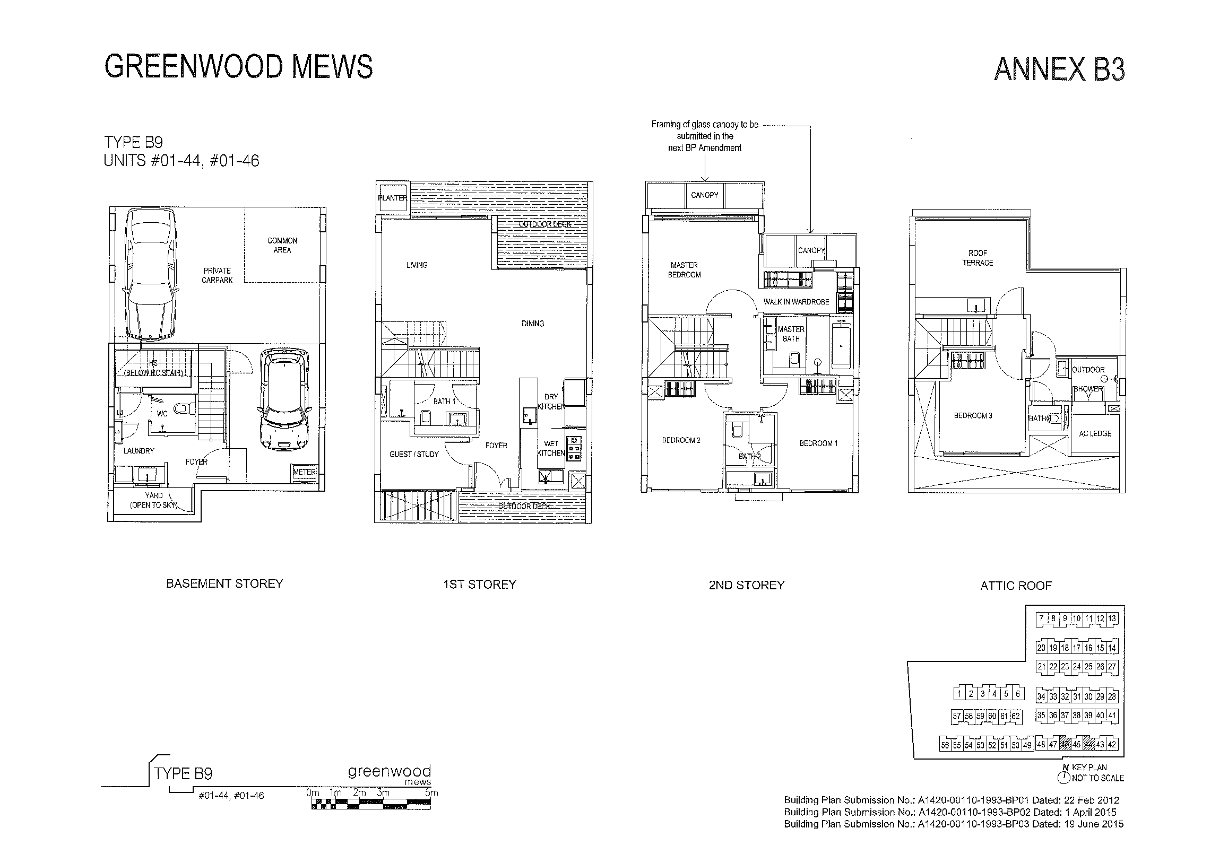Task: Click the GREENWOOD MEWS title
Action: tap(238, 67)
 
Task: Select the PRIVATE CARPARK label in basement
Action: tap(217, 275)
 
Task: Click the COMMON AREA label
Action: tap(282, 246)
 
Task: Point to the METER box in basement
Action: tap(304, 472)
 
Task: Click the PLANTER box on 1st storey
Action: tap(393, 198)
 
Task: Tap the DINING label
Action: tap(533, 324)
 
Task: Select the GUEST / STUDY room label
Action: tap(414, 455)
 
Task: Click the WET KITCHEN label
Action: tap(551, 448)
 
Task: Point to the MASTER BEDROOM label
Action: tap(684, 270)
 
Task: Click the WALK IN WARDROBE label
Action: tap(796, 302)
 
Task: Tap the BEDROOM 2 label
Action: tap(681, 440)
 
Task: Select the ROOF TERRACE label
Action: tap(978, 258)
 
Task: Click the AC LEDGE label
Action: tap(1095, 434)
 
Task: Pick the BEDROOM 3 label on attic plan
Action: tap(973, 415)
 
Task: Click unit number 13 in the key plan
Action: tap(1112, 618)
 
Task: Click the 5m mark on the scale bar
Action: tap(431, 793)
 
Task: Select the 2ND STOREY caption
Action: tap(746, 585)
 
